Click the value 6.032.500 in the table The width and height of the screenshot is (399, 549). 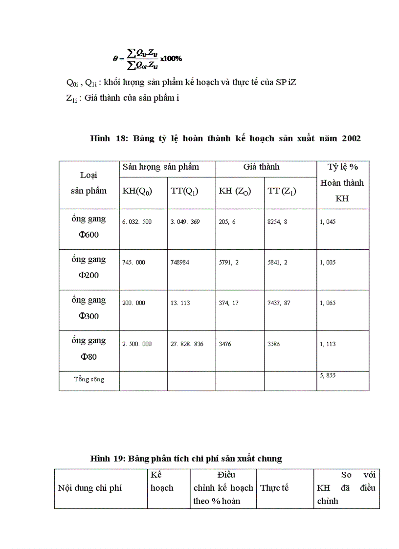137,222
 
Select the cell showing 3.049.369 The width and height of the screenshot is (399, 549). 185,222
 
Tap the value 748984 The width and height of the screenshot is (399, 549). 180,263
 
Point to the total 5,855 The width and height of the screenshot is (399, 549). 328,375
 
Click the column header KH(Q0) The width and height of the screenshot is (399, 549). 137,191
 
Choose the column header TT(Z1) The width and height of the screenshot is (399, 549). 282,191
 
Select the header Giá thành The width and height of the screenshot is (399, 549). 261,167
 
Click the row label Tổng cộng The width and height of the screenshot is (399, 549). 89,379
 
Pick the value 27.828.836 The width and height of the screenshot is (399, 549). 187,344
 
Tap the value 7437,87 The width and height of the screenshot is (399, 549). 279,303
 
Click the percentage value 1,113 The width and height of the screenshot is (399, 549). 328,344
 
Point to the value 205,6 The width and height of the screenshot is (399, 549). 227,222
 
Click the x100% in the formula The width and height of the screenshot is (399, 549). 171,59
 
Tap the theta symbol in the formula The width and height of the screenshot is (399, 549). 115,59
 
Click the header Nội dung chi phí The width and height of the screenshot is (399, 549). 90,488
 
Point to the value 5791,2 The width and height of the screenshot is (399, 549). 229,263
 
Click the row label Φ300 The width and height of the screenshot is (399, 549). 89,316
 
